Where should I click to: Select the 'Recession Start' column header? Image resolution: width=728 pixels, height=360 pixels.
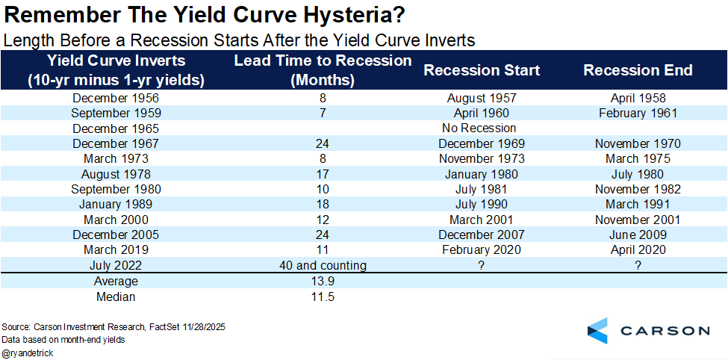click(x=482, y=70)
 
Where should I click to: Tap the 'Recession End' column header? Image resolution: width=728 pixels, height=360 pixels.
click(x=638, y=70)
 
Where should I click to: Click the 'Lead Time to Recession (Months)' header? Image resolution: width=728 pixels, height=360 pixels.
click(x=323, y=69)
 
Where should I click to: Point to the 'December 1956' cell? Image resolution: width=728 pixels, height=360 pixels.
click(x=115, y=98)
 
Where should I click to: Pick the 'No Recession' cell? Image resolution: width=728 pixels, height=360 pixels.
click(x=482, y=128)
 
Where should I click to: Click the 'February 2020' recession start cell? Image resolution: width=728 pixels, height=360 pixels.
click(x=482, y=249)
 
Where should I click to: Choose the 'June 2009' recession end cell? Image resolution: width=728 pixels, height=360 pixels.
click(x=638, y=235)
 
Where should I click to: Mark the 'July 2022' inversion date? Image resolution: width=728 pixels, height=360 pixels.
click(x=115, y=265)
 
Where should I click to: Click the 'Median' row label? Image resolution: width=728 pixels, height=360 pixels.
click(x=115, y=297)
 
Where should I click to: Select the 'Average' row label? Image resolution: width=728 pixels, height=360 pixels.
click(x=115, y=282)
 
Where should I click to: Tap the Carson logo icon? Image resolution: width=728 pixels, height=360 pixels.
click(x=597, y=331)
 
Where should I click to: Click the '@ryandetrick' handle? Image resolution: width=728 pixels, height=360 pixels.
click(x=28, y=351)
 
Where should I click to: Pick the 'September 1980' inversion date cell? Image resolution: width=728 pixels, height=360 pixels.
click(x=115, y=189)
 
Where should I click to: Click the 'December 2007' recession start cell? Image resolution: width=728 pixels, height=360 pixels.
click(x=482, y=235)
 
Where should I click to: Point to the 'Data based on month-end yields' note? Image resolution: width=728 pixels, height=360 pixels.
click(x=63, y=339)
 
